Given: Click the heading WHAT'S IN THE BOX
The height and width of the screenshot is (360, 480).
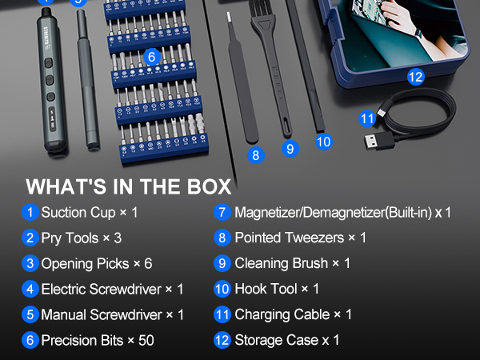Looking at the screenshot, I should [x=128, y=187].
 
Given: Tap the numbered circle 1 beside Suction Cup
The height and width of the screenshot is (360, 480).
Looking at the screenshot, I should [x=30, y=213].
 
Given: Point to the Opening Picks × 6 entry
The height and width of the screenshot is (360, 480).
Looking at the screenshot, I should [x=97, y=263].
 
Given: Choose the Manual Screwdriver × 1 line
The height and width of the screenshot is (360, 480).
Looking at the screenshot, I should [x=112, y=314].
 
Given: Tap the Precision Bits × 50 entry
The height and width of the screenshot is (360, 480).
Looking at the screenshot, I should [x=98, y=340].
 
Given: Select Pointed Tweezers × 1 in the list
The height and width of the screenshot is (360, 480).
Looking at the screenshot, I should [x=300, y=238].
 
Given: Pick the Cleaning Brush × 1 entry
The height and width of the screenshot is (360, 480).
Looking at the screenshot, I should [x=292, y=263].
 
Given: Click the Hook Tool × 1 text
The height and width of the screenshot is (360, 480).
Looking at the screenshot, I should [x=277, y=289].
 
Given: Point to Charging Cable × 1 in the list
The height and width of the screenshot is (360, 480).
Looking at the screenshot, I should [x=293, y=314].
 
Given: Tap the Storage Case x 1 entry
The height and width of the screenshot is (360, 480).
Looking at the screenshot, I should [x=286, y=340].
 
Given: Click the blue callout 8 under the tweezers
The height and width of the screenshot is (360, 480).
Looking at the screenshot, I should [x=255, y=155].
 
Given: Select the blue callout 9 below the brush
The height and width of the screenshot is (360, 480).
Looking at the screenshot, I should [x=290, y=148].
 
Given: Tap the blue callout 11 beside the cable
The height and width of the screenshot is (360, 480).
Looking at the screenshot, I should [x=367, y=118].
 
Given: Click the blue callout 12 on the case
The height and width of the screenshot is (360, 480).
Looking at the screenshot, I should [x=414, y=78].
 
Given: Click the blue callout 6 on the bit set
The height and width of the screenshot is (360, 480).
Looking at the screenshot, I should [x=151, y=57].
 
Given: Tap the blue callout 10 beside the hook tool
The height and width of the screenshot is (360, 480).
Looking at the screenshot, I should [x=323, y=142].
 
